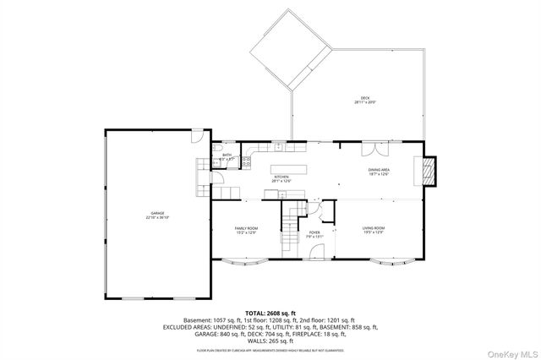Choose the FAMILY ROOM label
click(x=246, y=229)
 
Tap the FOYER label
click(x=314, y=232)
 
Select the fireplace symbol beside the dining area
click(x=430, y=170)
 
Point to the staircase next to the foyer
click(x=292, y=225)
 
